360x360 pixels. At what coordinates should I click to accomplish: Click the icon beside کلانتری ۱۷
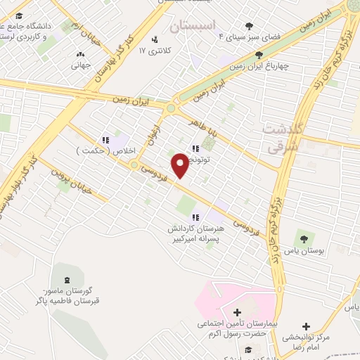tap(155, 39)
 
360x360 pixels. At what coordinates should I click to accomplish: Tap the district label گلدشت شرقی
tap(284, 135)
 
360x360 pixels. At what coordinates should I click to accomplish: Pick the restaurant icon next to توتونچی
tap(195, 147)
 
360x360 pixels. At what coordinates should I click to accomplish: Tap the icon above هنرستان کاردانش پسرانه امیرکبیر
tap(196, 217)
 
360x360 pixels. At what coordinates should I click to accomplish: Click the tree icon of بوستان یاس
tap(304, 238)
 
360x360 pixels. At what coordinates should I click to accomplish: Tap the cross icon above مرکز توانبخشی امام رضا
tap(305, 327)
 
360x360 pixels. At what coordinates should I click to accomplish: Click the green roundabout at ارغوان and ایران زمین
tap(169, 108)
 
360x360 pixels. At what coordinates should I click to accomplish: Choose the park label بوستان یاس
tap(304, 252)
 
